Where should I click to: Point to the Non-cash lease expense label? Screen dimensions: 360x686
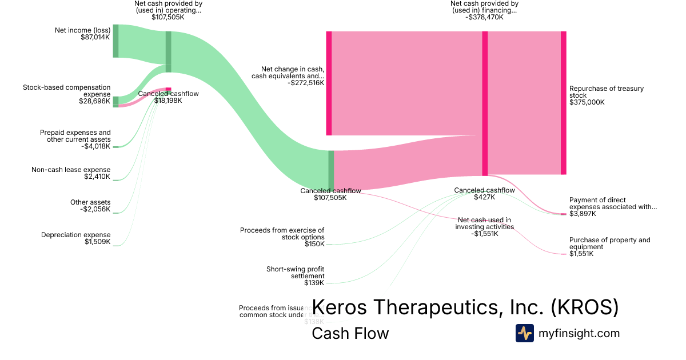click(x=71, y=170)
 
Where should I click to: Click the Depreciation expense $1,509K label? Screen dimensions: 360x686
click(x=76, y=238)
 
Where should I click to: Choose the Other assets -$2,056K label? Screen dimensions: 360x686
click(x=90, y=206)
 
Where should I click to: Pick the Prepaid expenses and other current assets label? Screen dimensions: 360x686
click(x=75, y=136)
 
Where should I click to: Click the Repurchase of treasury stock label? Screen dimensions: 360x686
click(x=598, y=92)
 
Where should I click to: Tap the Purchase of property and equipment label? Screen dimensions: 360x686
click(x=609, y=243)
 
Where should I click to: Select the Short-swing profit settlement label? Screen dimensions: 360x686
click(x=295, y=272)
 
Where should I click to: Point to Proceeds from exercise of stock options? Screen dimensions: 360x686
click(x=282, y=233)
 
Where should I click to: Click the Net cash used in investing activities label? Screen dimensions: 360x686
click(x=484, y=223)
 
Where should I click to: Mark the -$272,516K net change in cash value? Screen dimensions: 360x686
click(x=306, y=83)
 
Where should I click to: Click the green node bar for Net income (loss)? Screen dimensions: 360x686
click(x=115, y=41)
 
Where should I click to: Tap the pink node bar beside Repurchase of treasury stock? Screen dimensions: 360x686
click(x=563, y=103)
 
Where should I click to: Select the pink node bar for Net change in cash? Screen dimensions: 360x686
click(x=329, y=83)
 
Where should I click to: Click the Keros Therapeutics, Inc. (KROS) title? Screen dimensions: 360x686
click(x=465, y=307)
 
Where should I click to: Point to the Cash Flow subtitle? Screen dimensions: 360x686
click(x=350, y=333)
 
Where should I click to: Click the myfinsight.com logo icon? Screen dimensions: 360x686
click(x=524, y=333)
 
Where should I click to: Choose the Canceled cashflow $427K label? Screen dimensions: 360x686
click(x=484, y=194)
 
